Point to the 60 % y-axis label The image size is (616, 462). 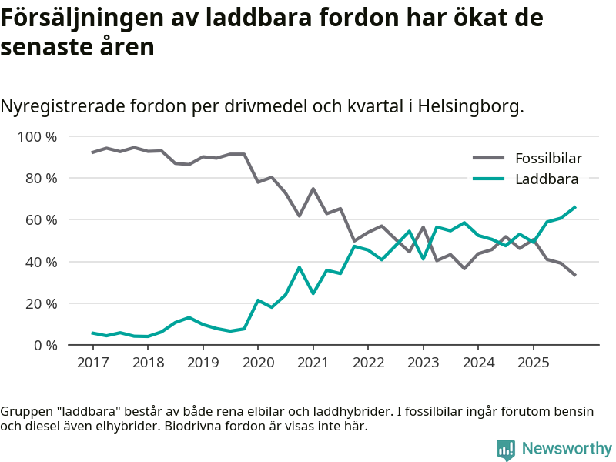[39, 220]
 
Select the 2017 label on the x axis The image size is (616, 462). [92, 362]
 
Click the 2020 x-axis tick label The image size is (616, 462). [258, 362]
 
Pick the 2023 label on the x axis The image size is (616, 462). [423, 362]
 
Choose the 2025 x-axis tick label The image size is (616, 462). [533, 362]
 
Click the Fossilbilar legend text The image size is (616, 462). [548, 159]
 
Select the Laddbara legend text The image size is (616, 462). [547, 179]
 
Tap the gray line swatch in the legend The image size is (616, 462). [488, 159]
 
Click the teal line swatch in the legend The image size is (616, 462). [488, 179]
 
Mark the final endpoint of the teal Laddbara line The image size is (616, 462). [575, 206]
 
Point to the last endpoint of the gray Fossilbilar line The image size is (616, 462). [575, 275]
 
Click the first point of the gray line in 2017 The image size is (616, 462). [92, 152]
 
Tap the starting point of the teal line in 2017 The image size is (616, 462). [92, 333]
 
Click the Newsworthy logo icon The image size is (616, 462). [505, 450]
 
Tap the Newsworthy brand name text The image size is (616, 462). [567, 449]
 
